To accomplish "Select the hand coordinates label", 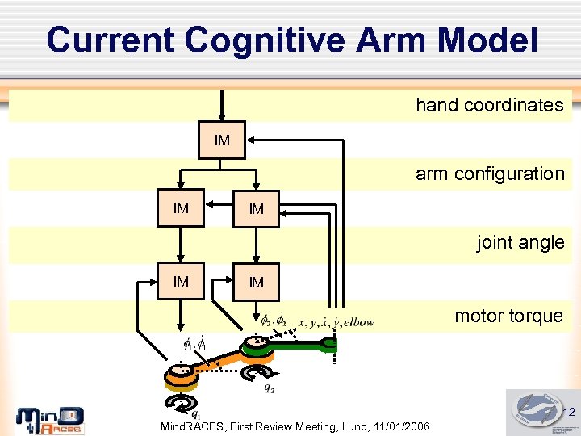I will (489, 105).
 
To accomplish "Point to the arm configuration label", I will (490, 174).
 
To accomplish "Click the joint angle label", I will (520, 242).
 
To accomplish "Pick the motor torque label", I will (508, 316).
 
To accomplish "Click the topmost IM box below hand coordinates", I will (222, 141).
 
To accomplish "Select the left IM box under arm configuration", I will (181, 209).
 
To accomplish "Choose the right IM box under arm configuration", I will (256, 210).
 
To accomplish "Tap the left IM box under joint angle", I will (181, 282).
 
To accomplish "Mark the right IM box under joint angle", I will (256, 283).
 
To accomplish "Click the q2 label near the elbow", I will (269, 388).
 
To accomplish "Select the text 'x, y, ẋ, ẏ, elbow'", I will (336, 323).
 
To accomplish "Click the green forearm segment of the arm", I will (299, 348).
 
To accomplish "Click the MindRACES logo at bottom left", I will (50, 420).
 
